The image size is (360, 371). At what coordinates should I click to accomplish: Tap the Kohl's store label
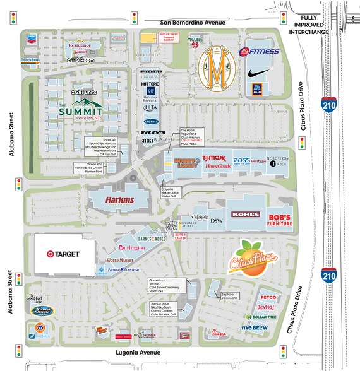(244, 215)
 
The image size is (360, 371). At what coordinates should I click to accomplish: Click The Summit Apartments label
(79, 114)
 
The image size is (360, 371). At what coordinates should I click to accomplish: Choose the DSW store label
(217, 221)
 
